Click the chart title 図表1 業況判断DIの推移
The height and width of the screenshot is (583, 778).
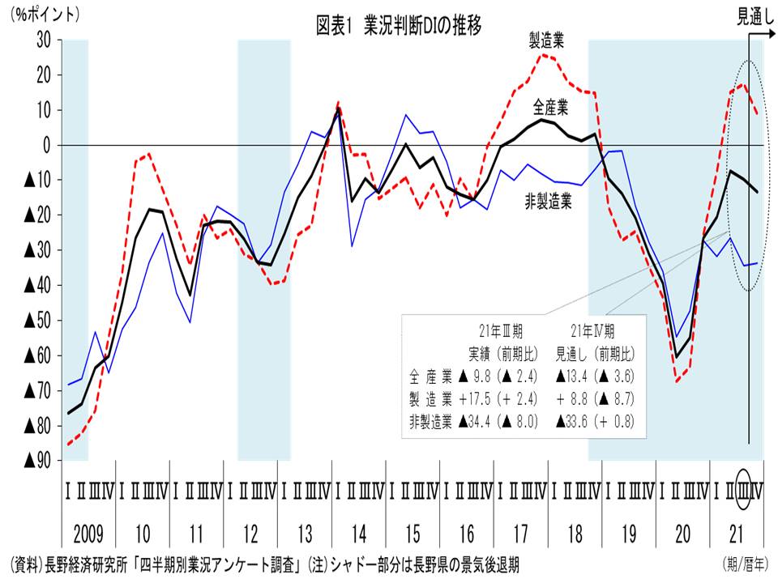tap(399, 25)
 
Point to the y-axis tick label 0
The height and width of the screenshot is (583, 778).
tap(48, 145)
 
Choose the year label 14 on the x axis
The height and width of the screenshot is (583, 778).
tap(359, 534)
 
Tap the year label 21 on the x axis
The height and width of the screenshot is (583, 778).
tap(737, 534)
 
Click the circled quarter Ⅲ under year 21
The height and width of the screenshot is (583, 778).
tap(744, 491)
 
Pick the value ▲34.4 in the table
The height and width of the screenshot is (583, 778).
tap(477, 420)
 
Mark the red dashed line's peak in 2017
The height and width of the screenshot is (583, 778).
tap(544, 55)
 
